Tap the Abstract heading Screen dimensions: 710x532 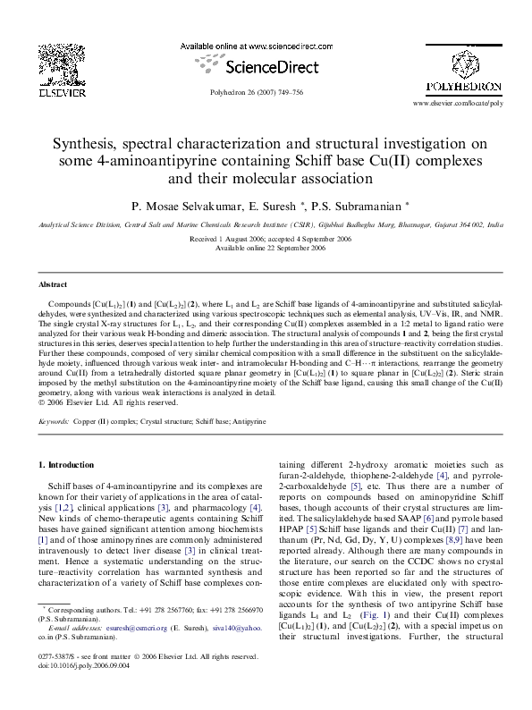[54, 283]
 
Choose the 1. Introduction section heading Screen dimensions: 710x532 [67, 466]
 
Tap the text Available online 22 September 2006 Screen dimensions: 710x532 [266, 248]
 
